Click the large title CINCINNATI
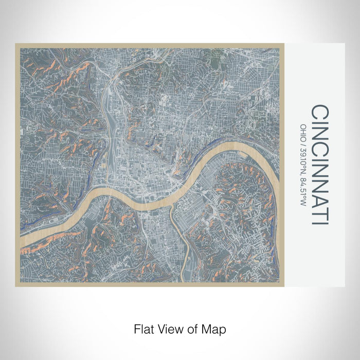[320, 165]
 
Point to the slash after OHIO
[303, 139]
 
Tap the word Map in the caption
[215, 328]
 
